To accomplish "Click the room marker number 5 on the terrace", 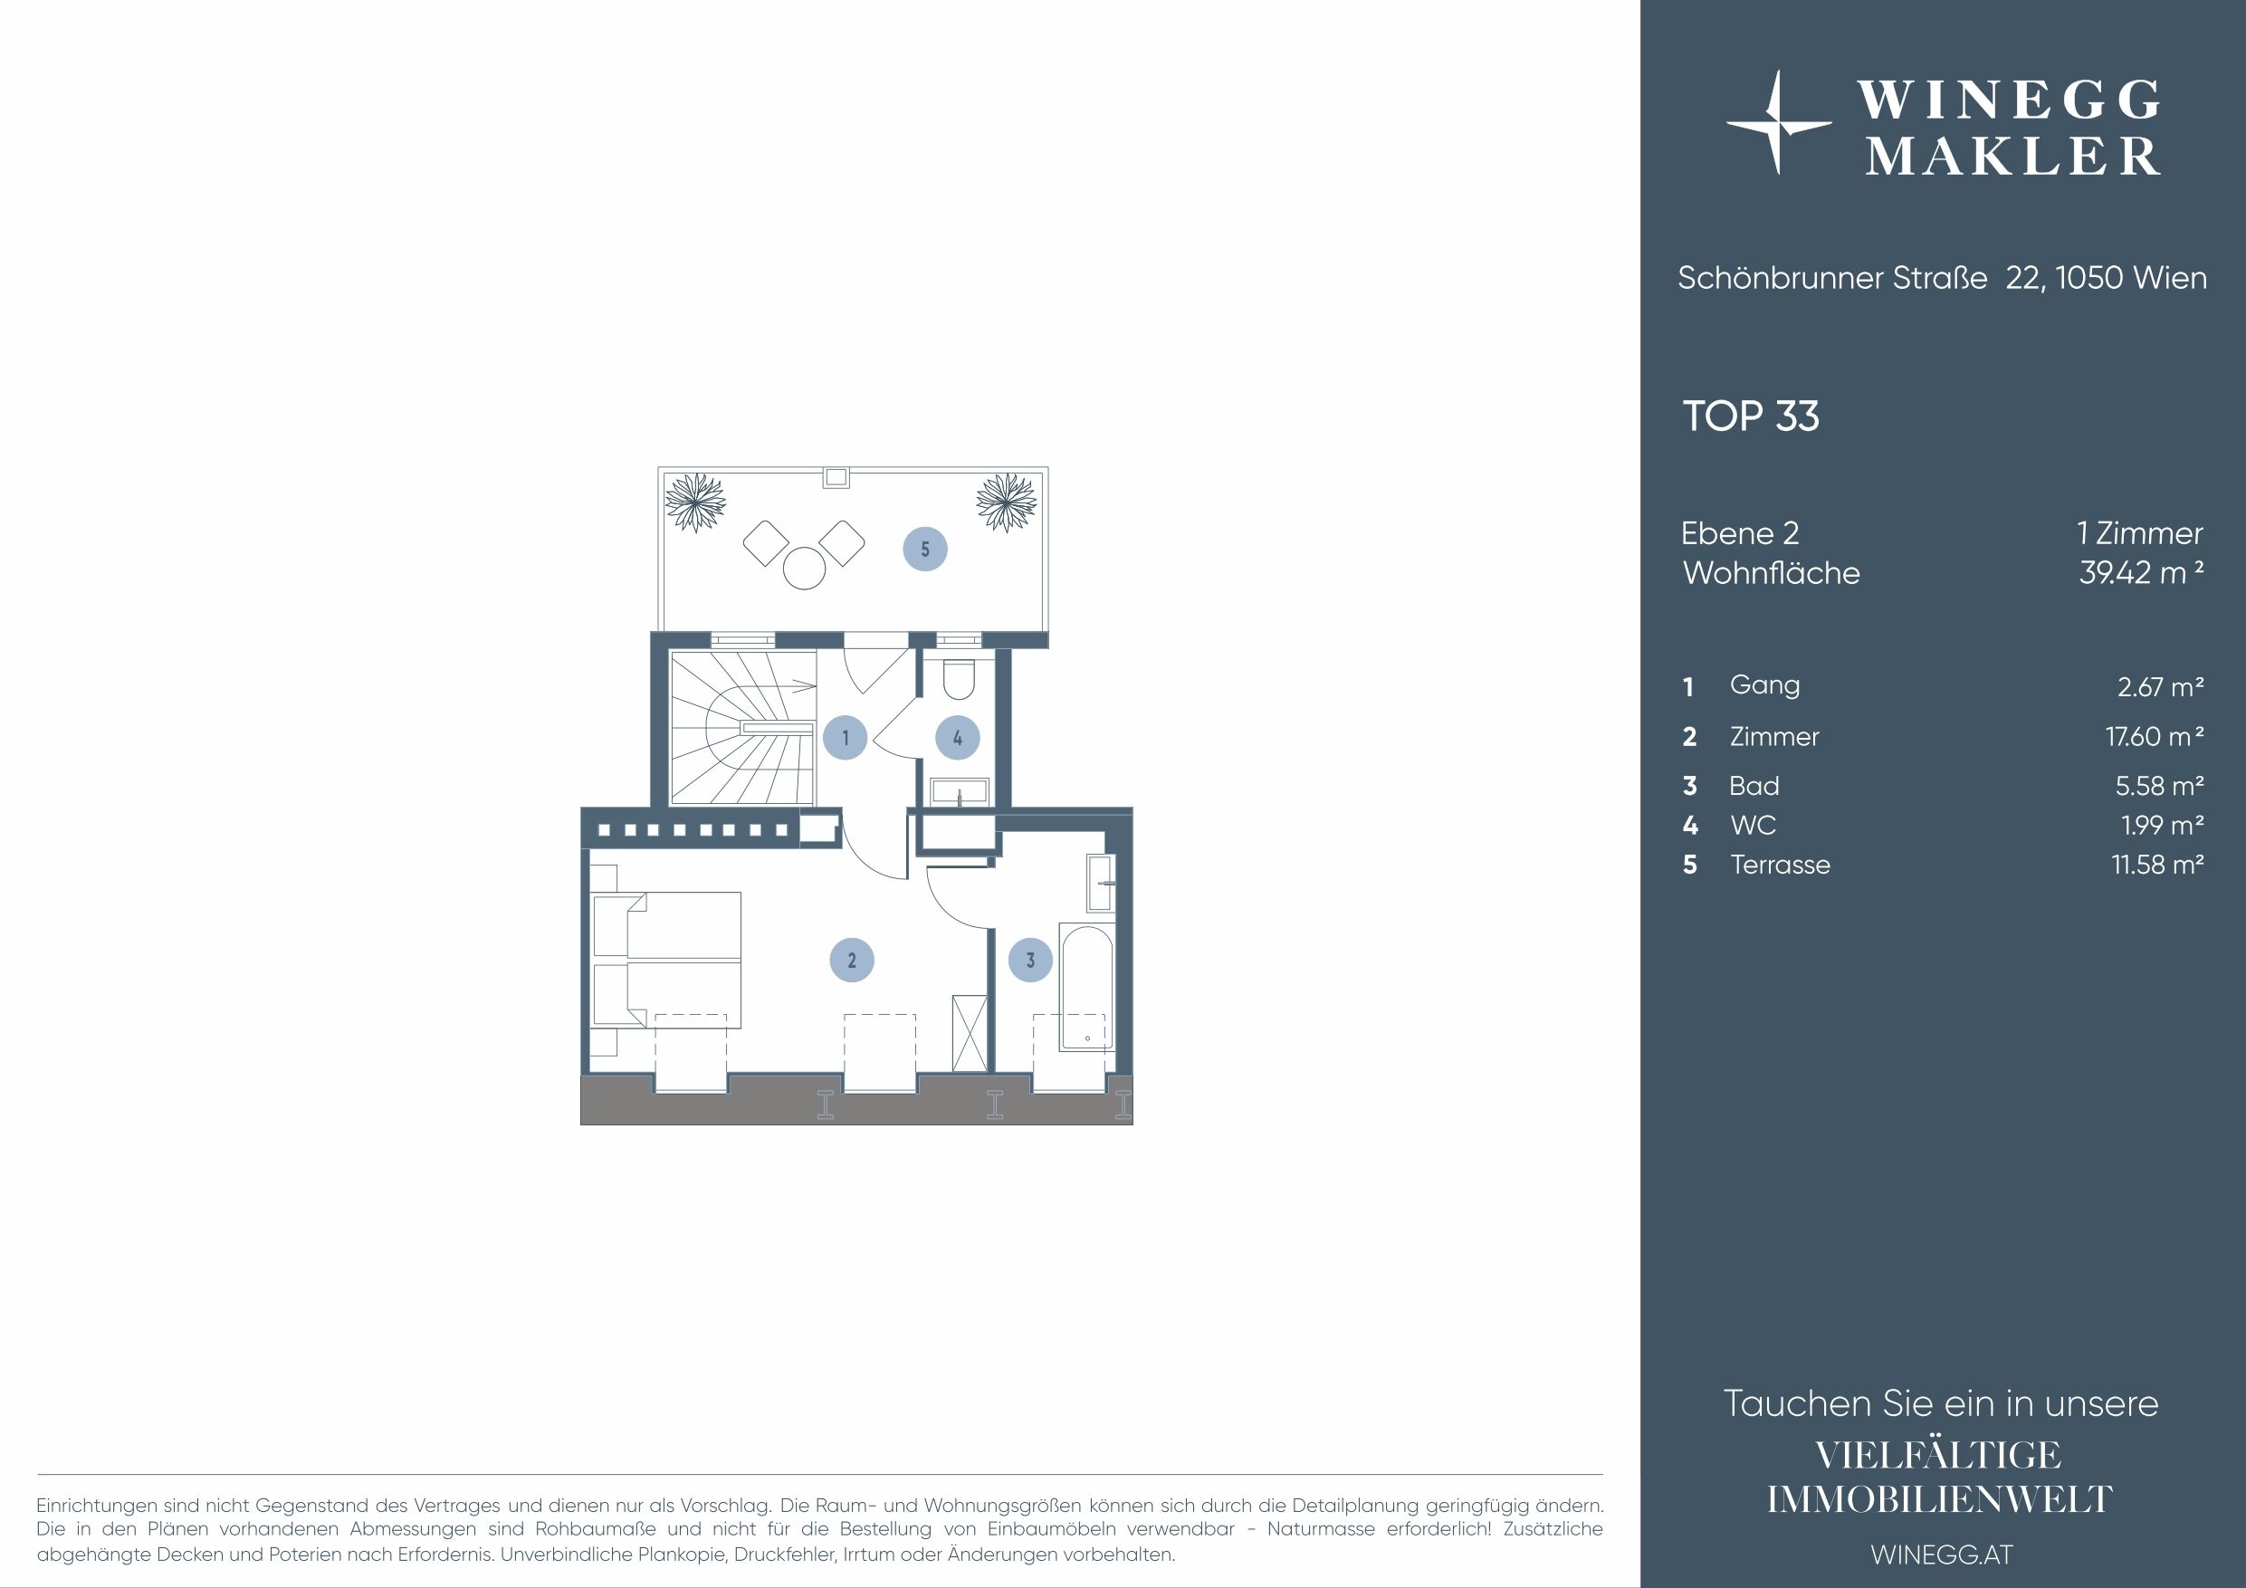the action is (924, 549).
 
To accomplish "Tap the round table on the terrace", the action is (805, 568).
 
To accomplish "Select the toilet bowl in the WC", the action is (958, 681).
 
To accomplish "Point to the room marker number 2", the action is (852, 960).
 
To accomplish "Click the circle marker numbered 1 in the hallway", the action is (846, 738).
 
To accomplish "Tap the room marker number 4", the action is (958, 738).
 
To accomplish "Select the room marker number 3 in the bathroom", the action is (1030, 960).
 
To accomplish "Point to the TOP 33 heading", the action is (1750, 416).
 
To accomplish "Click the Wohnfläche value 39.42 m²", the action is (2140, 572).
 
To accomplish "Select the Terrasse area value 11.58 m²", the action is (2157, 865).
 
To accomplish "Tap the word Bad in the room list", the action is (1754, 786).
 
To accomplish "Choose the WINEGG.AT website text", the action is (1942, 1555).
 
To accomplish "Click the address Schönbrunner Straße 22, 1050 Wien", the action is (1942, 278).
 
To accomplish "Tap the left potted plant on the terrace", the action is (695, 502).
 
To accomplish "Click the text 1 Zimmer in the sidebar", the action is (2139, 533).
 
